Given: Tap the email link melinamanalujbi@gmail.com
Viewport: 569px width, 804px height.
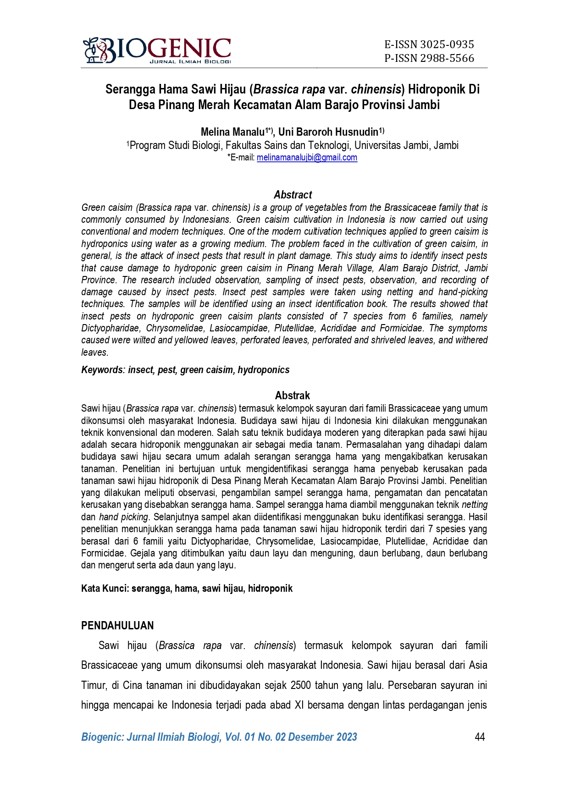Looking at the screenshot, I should pos(307,158).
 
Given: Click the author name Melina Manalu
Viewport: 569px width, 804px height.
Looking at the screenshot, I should pos(232,132).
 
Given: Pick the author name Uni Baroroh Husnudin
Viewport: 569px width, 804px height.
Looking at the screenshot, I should pos(328,132).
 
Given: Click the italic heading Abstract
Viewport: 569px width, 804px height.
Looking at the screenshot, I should pos(293,195).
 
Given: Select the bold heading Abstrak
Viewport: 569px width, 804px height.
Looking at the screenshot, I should pos(293,396).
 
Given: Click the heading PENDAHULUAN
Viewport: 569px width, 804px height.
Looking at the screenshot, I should pos(117,626).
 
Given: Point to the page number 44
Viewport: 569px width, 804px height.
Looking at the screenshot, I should pos(480,737).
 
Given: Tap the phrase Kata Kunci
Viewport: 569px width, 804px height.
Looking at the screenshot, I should pos(105,589).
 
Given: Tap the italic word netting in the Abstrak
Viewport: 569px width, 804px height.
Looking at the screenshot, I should pos(474,505).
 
